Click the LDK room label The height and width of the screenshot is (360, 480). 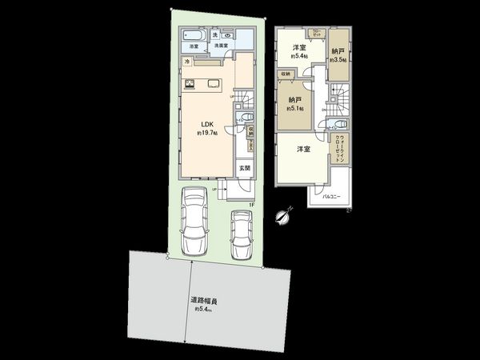(205, 124)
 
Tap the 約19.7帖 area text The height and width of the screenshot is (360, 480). (206, 133)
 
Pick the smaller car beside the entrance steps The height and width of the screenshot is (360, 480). (242, 234)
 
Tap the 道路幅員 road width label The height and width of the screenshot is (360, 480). (204, 302)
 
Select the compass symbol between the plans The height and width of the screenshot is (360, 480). (278, 214)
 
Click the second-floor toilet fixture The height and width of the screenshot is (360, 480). (339, 126)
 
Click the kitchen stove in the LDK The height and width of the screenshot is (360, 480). (191, 84)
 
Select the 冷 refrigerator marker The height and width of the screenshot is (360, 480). (187, 62)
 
